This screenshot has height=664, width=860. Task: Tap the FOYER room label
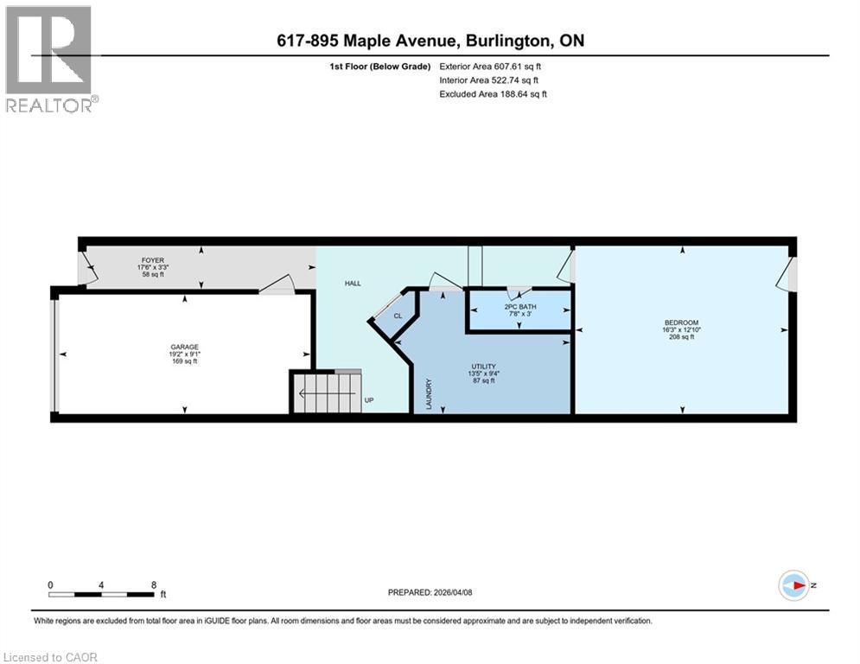pos(153,259)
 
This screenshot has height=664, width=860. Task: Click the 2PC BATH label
pos(518,307)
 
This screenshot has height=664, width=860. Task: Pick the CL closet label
pos(398,316)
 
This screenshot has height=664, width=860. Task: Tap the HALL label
pos(354,283)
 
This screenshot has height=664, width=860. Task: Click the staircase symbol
pos(325,393)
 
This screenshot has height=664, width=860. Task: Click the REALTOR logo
pos(49,59)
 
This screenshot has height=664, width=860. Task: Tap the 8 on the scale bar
pos(154,584)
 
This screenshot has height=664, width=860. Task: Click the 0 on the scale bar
pos(51,584)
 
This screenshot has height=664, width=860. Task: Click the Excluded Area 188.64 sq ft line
pos(494,94)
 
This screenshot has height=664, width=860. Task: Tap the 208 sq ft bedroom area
pos(681,337)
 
